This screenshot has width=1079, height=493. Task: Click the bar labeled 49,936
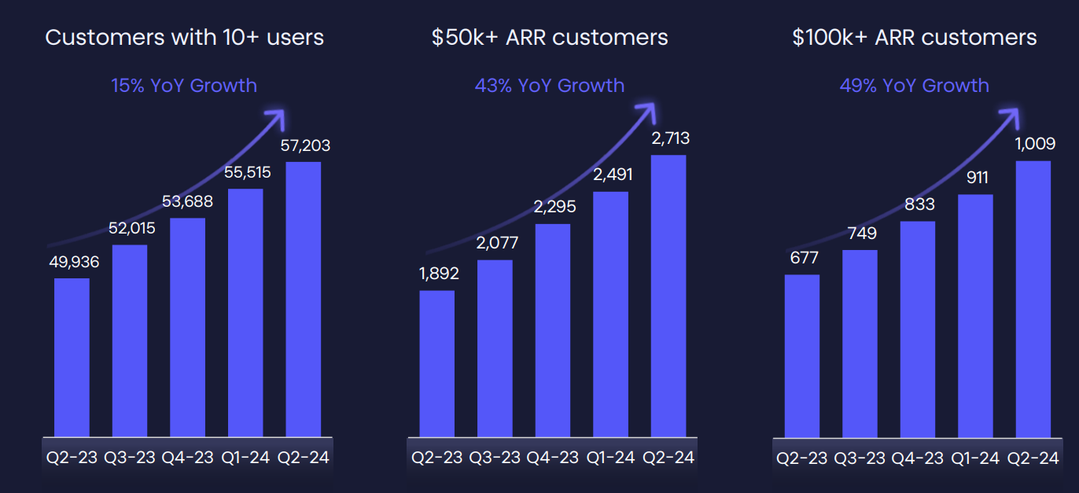(72, 357)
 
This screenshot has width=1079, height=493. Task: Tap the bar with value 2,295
(553, 330)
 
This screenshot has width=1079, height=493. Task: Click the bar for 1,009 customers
(1033, 299)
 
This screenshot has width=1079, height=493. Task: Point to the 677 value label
(801, 258)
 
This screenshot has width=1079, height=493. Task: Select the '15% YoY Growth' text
(184, 86)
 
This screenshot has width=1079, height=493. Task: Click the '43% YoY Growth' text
(549, 86)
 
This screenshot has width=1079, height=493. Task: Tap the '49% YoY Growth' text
(914, 86)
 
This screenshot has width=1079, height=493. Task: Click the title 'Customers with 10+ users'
(185, 38)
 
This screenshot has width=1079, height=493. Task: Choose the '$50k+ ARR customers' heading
(550, 38)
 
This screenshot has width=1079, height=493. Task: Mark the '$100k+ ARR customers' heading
(915, 38)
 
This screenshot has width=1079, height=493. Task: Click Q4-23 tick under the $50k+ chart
(553, 458)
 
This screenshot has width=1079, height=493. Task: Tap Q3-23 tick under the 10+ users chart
(130, 458)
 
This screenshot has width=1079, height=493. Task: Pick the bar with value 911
(975, 315)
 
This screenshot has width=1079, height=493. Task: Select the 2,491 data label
(611, 175)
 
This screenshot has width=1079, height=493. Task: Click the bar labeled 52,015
(130, 340)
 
